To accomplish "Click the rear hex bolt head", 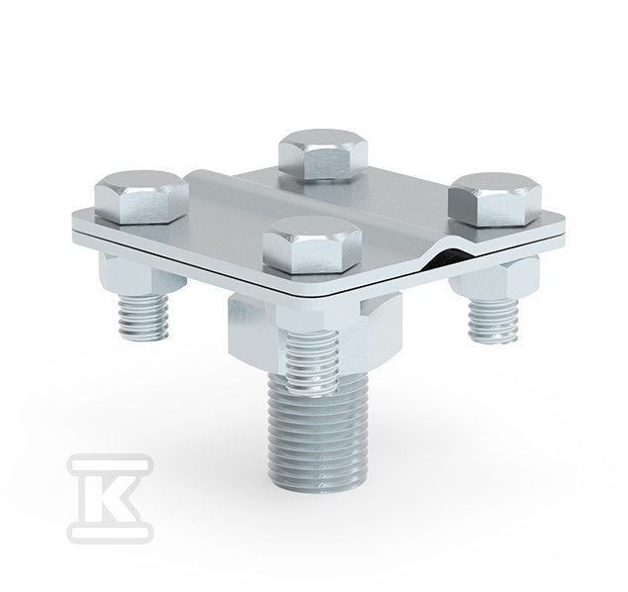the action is pyautogui.click(x=323, y=154).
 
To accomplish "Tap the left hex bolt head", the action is pyautogui.click(x=142, y=197).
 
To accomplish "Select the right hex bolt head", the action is pyautogui.click(x=495, y=199).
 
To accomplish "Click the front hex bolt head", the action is pyautogui.click(x=312, y=246).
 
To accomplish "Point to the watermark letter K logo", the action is pyautogui.click(x=110, y=498).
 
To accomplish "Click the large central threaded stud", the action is pyautogui.click(x=313, y=433).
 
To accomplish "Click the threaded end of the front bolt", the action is pyautogui.click(x=312, y=362).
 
